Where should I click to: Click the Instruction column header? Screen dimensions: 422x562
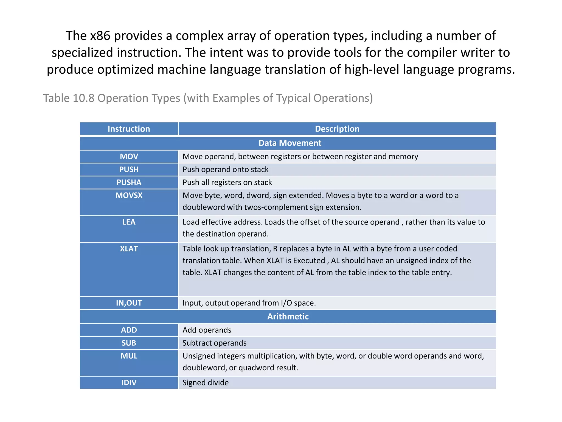(x=129, y=129)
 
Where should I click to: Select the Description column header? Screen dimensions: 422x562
(x=337, y=129)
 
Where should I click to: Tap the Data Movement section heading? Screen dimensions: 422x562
(x=290, y=143)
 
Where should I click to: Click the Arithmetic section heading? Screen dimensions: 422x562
(x=288, y=316)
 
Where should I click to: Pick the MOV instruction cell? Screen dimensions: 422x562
(x=129, y=157)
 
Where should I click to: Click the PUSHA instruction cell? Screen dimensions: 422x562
(x=129, y=182)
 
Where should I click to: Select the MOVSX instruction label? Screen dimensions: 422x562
(x=129, y=195)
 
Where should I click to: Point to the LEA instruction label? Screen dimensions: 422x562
(x=129, y=222)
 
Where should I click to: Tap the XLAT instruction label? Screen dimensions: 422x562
(x=129, y=249)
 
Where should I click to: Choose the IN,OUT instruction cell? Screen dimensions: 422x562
(x=129, y=303)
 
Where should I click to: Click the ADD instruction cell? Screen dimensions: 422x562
(x=129, y=330)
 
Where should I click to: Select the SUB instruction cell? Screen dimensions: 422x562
(x=129, y=343)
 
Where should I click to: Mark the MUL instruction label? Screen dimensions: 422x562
(x=129, y=356)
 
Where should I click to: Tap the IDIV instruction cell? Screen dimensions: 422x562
(x=129, y=382)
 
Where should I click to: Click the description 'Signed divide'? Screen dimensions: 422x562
(x=206, y=383)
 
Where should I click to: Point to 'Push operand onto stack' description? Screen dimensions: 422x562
(x=226, y=170)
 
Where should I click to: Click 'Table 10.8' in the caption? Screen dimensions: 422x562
(x=69, y=98)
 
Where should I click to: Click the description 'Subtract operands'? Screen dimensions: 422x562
(x=215, y=343)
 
